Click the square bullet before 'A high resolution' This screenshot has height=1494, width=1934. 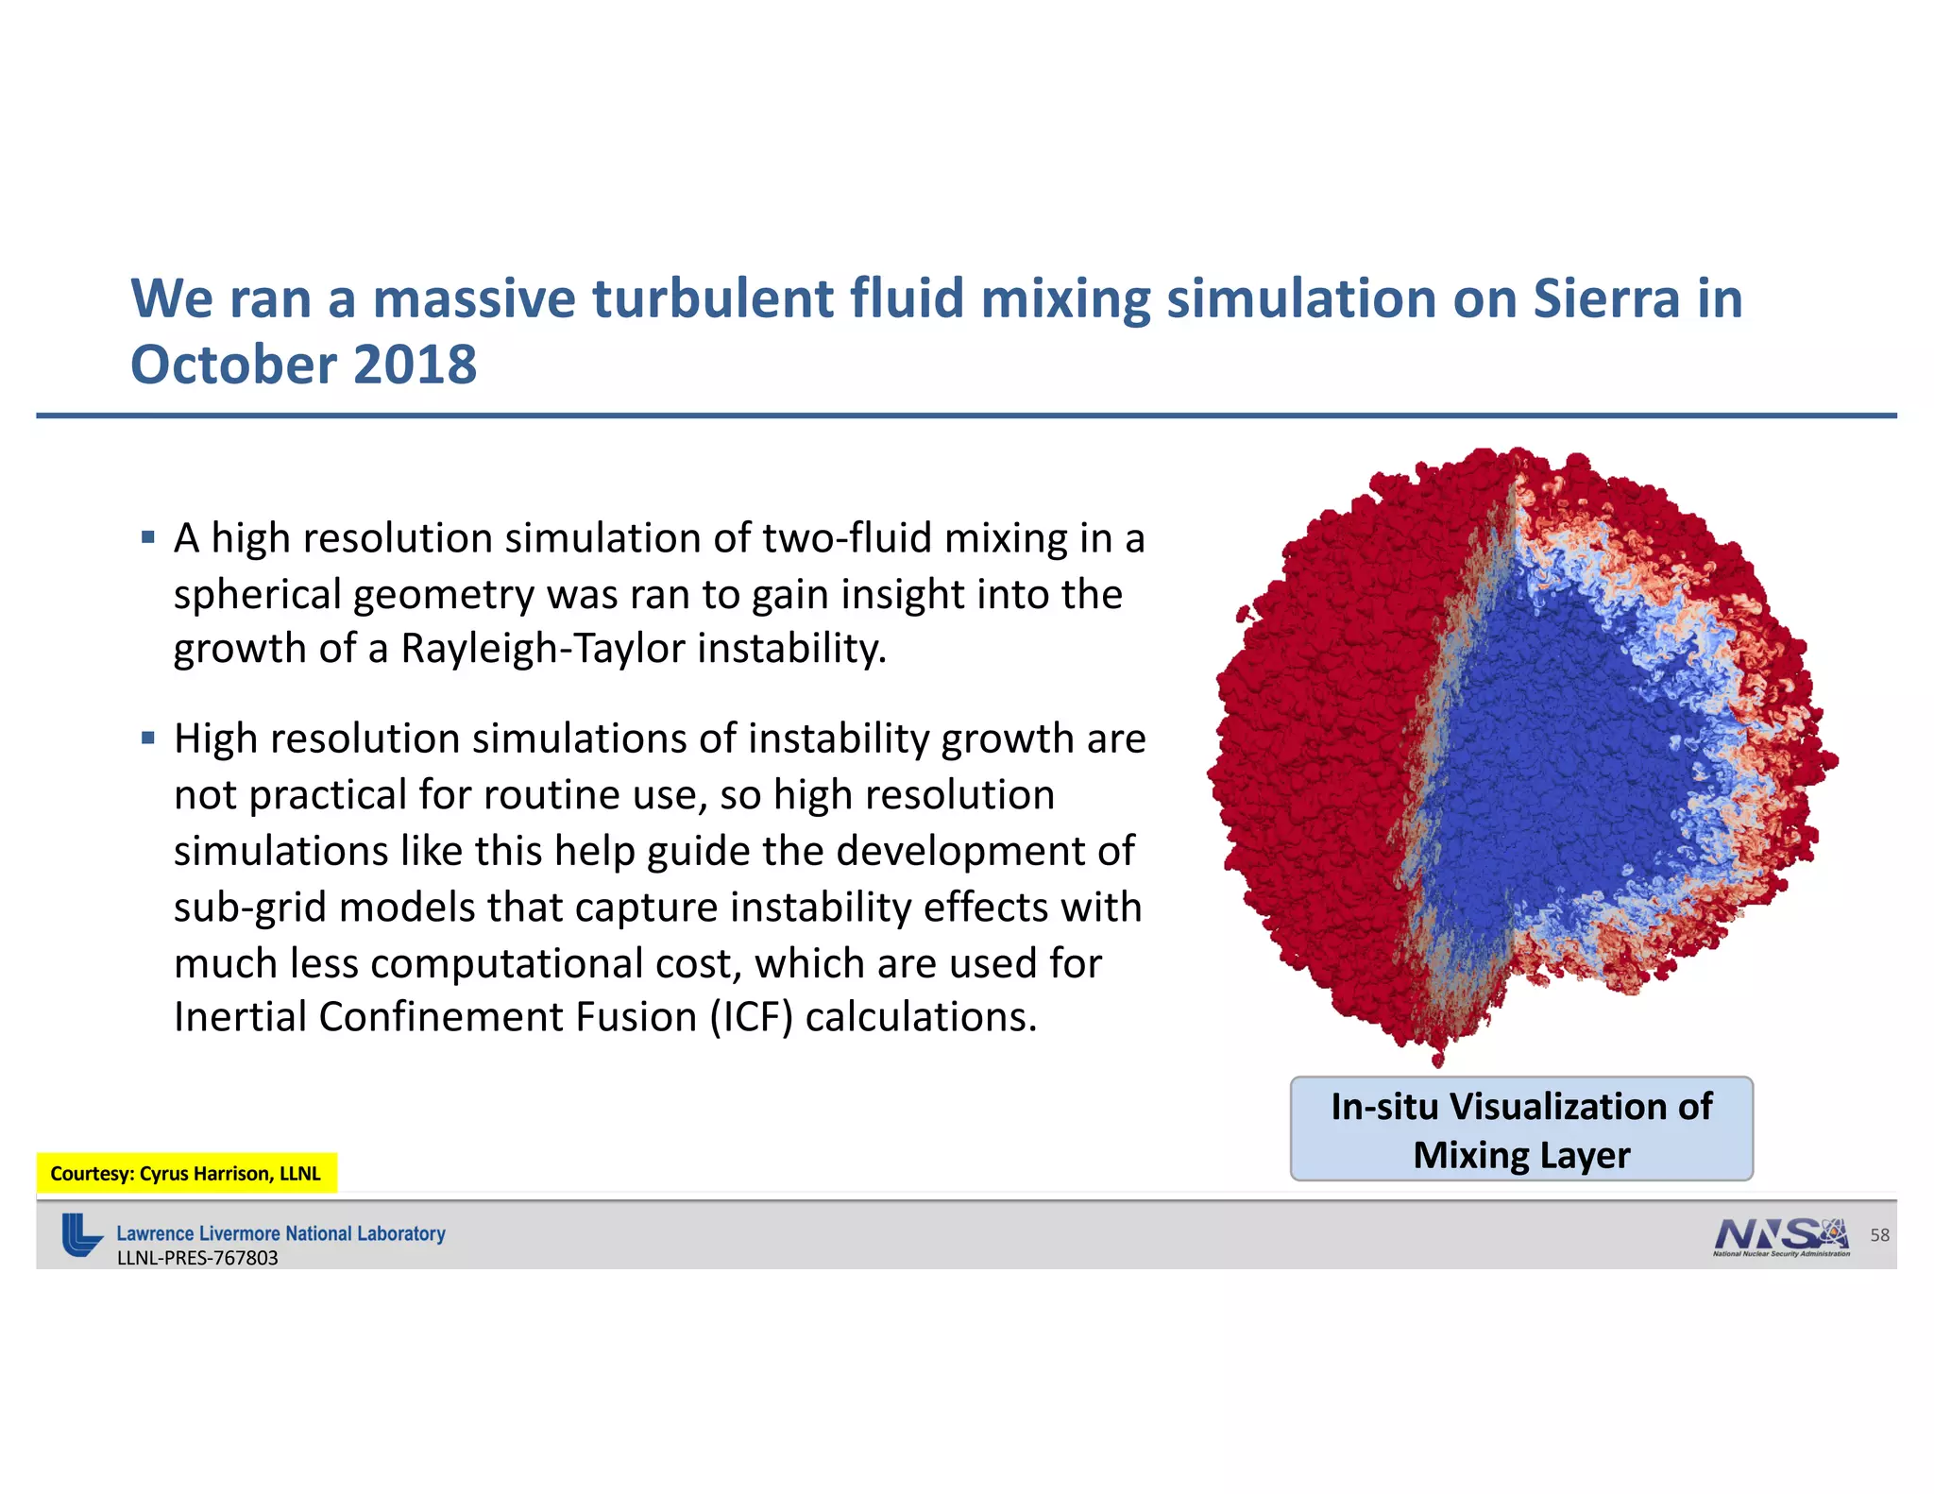coord(147,538)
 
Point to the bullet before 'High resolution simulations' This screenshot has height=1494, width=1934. coord(147,738)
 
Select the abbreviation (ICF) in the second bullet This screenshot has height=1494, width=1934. coord(752,1017)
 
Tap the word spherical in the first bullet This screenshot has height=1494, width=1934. coord(257,595)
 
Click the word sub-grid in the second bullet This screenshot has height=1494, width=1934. coord(248,908)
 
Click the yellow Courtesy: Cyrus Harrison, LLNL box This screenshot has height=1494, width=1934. coord(186,1173)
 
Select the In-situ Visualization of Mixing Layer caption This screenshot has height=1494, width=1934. coord(1520,1129)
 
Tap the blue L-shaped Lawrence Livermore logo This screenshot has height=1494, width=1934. coord(81,1234)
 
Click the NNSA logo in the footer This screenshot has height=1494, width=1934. coord(1780,1234)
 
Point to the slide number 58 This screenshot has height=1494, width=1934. coord(1879,1234)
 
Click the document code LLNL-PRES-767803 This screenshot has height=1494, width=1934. coord(197,1258)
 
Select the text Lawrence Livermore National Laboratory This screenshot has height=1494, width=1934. coord(280,1233)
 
